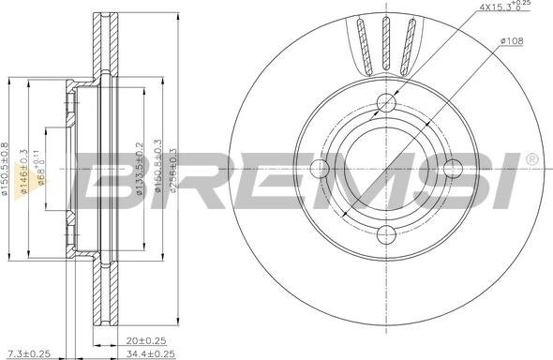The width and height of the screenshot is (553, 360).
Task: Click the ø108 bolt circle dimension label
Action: [x=513, y=42]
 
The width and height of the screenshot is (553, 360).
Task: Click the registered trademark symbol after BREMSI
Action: [x=531, y=160]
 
